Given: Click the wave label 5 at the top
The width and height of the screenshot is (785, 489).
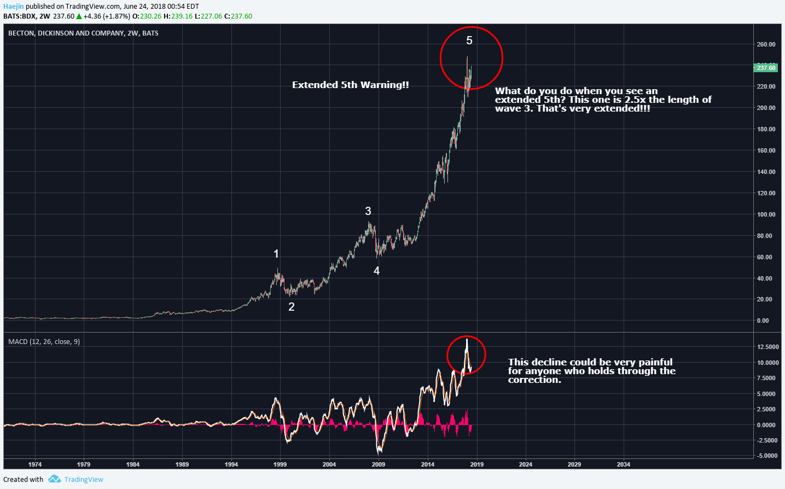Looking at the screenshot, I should (469, 40).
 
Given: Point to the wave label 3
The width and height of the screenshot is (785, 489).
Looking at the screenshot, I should (368, 211).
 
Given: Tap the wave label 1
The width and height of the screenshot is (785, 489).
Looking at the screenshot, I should (276, 254).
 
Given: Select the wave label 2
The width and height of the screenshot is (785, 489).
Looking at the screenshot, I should (292, 307).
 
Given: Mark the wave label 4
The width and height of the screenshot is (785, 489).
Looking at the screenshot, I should (376, 271).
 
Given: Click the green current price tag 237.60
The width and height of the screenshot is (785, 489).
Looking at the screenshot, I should (765, 68).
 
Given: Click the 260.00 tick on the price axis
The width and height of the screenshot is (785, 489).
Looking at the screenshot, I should (766, 44).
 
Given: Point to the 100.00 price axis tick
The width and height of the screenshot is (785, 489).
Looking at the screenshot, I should (766, 214).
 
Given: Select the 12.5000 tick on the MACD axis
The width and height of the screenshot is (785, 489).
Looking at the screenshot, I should (767, 347).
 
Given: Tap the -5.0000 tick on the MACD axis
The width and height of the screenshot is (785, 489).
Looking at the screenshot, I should (767, 456).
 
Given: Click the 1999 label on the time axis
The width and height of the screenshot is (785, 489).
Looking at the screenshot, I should (280, 464).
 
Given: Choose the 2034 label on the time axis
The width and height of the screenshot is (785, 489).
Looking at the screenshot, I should (623, 464).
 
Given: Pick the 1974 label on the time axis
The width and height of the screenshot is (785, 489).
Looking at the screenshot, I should (35, 464).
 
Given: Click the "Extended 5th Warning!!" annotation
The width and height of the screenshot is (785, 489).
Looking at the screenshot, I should (350, 85).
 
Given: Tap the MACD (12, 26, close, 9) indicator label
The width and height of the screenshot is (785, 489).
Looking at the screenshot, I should (44, 341).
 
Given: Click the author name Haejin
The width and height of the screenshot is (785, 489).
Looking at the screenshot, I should (14, 7).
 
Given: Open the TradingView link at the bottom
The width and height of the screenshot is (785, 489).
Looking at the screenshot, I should (84, 480).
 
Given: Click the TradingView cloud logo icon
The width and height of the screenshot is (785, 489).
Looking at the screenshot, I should (54, 479).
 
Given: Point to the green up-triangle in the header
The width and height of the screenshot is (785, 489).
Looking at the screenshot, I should (79, 16).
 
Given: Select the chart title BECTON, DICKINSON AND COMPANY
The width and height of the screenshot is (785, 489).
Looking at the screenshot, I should (66, 33).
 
